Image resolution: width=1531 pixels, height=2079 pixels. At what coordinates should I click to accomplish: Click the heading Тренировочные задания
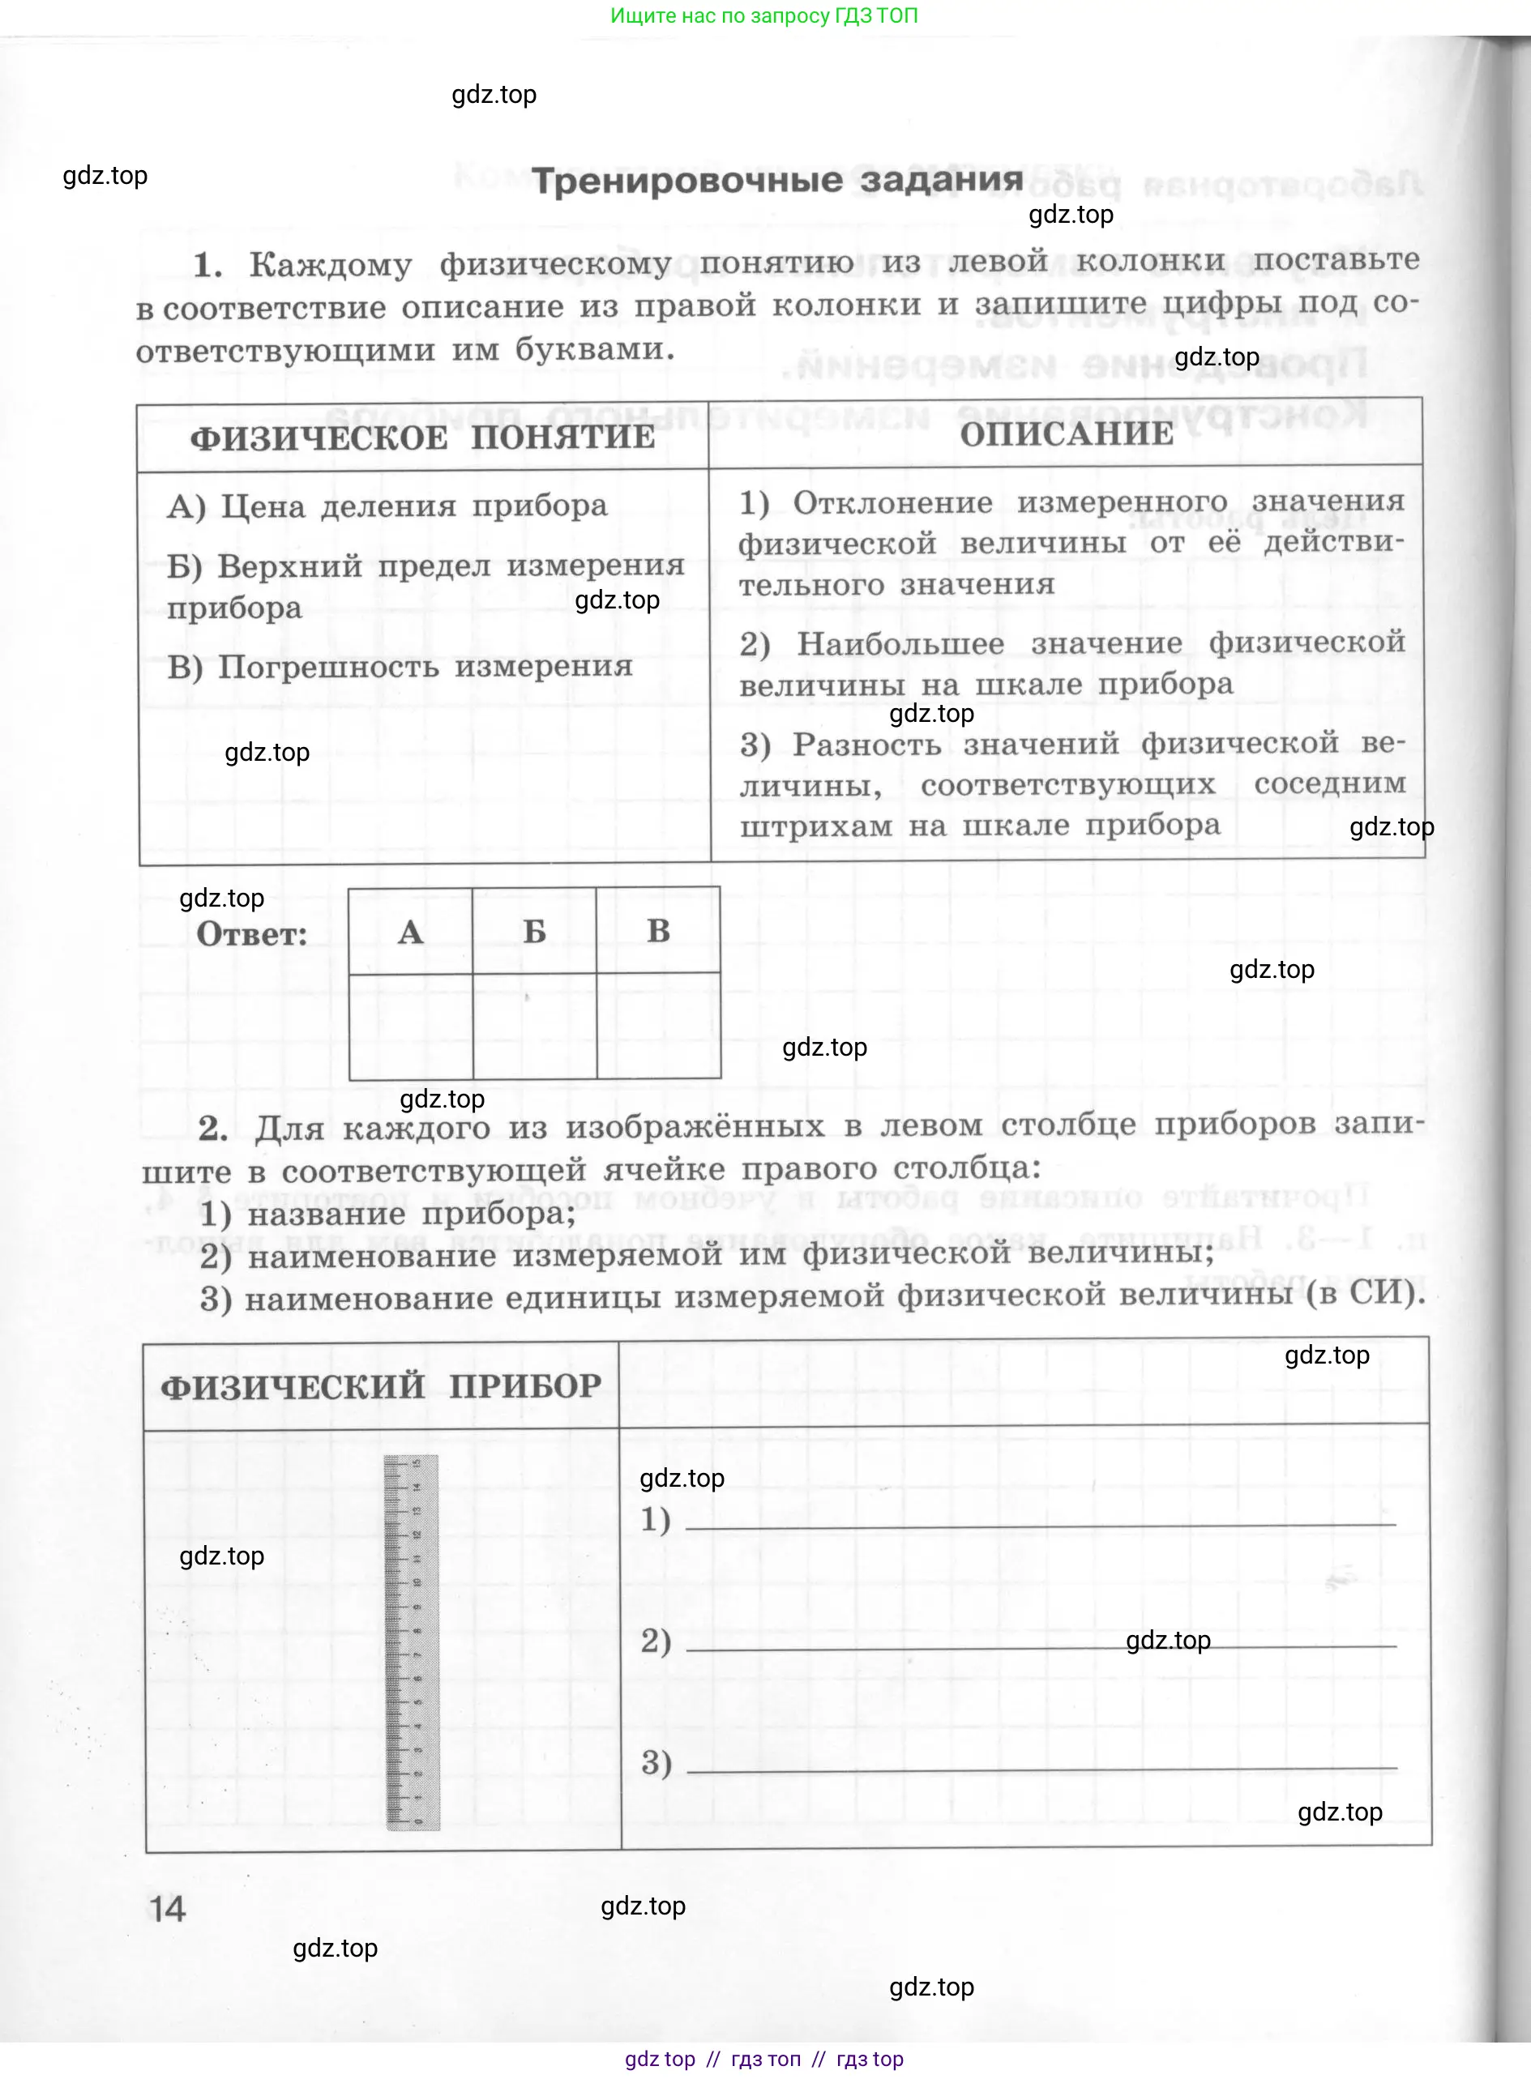(776, 180)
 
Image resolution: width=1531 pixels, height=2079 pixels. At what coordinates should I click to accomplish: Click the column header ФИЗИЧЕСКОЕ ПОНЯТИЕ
(421, 438)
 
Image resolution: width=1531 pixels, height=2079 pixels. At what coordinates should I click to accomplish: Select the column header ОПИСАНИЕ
(1066, 433)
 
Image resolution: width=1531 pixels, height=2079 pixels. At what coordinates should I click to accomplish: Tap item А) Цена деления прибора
(387, 506)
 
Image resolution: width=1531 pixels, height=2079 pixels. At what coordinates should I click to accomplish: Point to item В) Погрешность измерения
(400, 666)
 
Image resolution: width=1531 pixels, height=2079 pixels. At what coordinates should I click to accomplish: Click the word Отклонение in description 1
(892, 502)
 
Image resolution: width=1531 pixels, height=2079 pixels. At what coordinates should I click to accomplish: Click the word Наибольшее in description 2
(900, 643)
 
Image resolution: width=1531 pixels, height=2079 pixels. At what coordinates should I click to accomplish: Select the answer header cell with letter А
(411, 931)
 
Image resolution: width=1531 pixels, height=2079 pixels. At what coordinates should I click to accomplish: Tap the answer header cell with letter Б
(535, 931)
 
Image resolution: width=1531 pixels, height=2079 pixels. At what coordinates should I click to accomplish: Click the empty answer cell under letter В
(659, 1026)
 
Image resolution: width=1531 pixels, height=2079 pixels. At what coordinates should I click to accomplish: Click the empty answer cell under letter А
(411, 1026)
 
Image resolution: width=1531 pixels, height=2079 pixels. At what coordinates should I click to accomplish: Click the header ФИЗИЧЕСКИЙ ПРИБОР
(381, 1387)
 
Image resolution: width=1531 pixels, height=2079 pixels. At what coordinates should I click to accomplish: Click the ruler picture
(412, 1641)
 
